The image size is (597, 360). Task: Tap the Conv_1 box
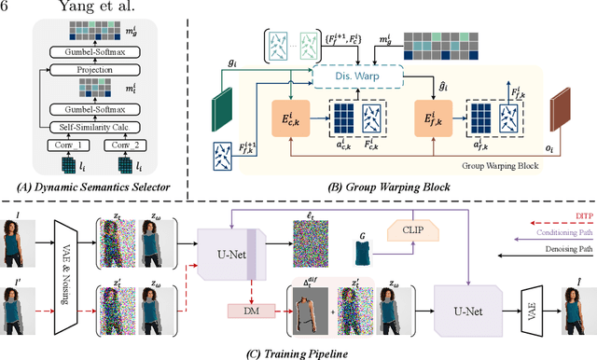point(67,145)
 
